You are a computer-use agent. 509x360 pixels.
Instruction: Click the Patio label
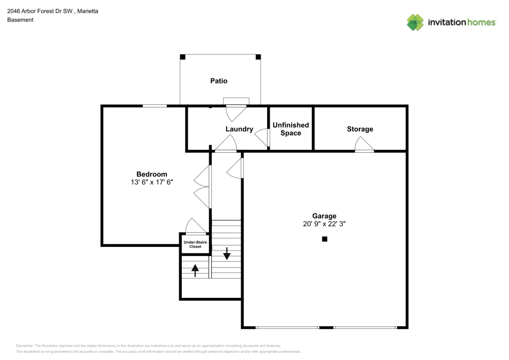pos(219,81)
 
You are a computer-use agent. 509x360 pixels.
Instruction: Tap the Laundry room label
pos(239,129)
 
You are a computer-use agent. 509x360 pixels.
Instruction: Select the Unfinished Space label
pos(291,129)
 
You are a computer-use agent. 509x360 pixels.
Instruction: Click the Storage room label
pos(360,129)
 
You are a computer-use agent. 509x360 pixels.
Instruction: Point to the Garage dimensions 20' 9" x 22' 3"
pos(324,224)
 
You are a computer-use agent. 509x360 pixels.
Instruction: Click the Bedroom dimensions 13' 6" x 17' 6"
pos(152,182)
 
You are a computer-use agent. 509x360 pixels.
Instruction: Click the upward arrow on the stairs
pos(195,269)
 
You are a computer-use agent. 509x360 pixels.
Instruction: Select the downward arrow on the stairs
pos(227,253)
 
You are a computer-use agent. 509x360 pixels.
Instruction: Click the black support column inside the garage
pos(325,239)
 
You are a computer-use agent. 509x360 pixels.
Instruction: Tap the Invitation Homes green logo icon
pos(415,22)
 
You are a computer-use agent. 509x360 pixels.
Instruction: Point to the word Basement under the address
pos(20,20)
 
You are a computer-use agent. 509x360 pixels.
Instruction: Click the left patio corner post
pos(182,57)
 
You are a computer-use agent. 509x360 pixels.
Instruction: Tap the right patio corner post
pos(258,57)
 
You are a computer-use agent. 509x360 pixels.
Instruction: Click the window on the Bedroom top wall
pos(154,106)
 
